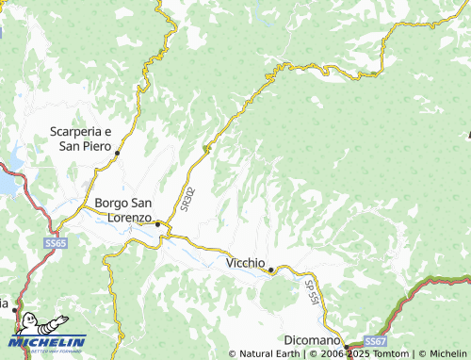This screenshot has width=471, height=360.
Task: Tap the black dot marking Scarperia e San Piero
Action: [x=119, y=151]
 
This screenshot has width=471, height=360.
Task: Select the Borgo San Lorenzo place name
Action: [x=122, y=209]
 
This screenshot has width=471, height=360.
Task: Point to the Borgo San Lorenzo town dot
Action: [x=157, y=224]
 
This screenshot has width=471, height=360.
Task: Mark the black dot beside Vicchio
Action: [x=272, y=271]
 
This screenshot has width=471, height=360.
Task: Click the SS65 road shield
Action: [x=55, y=243]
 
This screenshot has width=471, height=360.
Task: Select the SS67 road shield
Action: [x=375, y=340]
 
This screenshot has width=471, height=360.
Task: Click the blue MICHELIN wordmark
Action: [x=49, y=341]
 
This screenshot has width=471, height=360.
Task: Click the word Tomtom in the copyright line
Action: [x=390, y=354]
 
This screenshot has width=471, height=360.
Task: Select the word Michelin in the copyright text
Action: [x=446, y=354]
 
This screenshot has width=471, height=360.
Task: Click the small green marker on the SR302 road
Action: [x=206, y=147]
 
